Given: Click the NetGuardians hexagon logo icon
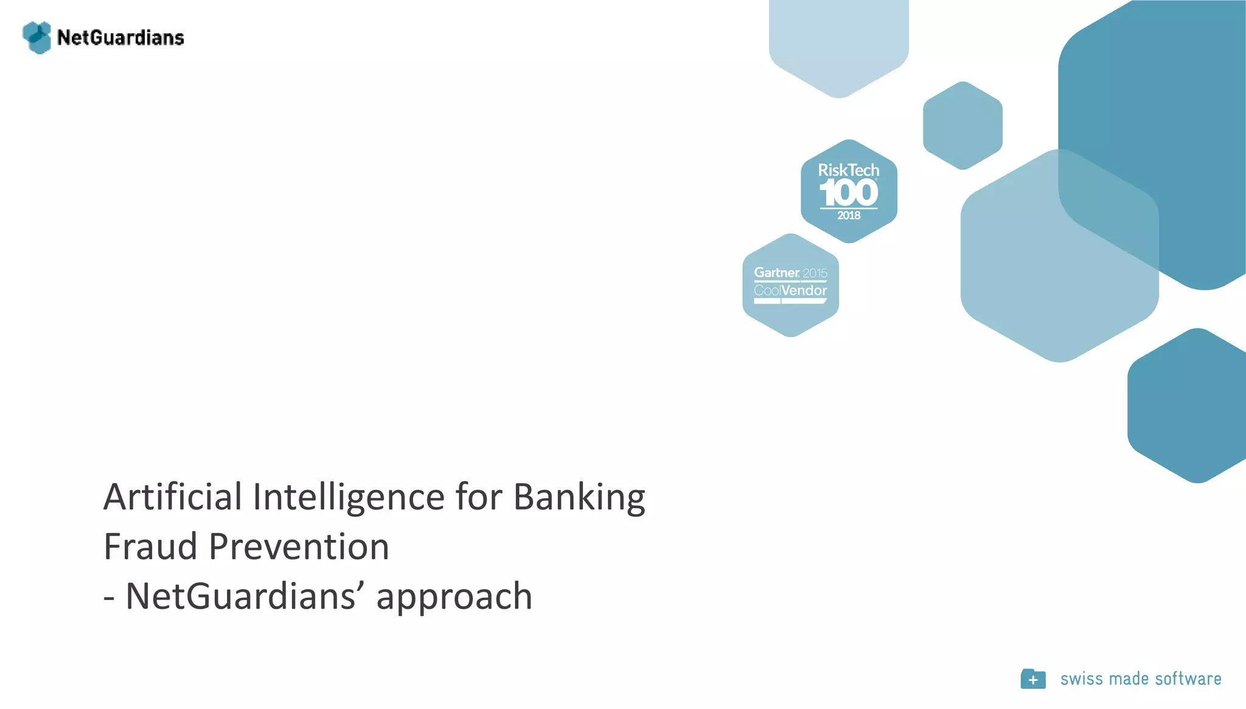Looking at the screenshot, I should click(37, 38).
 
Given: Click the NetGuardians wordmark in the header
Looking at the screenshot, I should click(120, 38).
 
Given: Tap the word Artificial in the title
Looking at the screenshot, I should click(172, 497).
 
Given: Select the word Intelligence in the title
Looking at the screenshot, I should click(349, 497).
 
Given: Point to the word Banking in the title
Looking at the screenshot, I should click(579, 497).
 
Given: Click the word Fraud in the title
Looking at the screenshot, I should click(150, 546).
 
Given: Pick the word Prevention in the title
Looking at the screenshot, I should click(299, 546).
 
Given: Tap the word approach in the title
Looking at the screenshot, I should click(454, 596).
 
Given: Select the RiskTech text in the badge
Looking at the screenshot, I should click(849, 170).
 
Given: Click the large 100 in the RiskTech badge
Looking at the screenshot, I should click(849, 194).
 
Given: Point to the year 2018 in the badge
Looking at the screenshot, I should click(849, 215).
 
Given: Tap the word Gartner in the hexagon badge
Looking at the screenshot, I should click(777, 273).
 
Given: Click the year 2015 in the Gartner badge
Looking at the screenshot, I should click(815, 273).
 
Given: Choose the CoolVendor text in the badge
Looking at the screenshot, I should click(790, 290).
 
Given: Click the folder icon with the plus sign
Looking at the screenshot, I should click(1033, 679).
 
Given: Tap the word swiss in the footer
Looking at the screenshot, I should click(1081, 679).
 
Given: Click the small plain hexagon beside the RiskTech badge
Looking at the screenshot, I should click(962, 125).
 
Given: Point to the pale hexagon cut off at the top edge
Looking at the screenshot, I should click(839, 43).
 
